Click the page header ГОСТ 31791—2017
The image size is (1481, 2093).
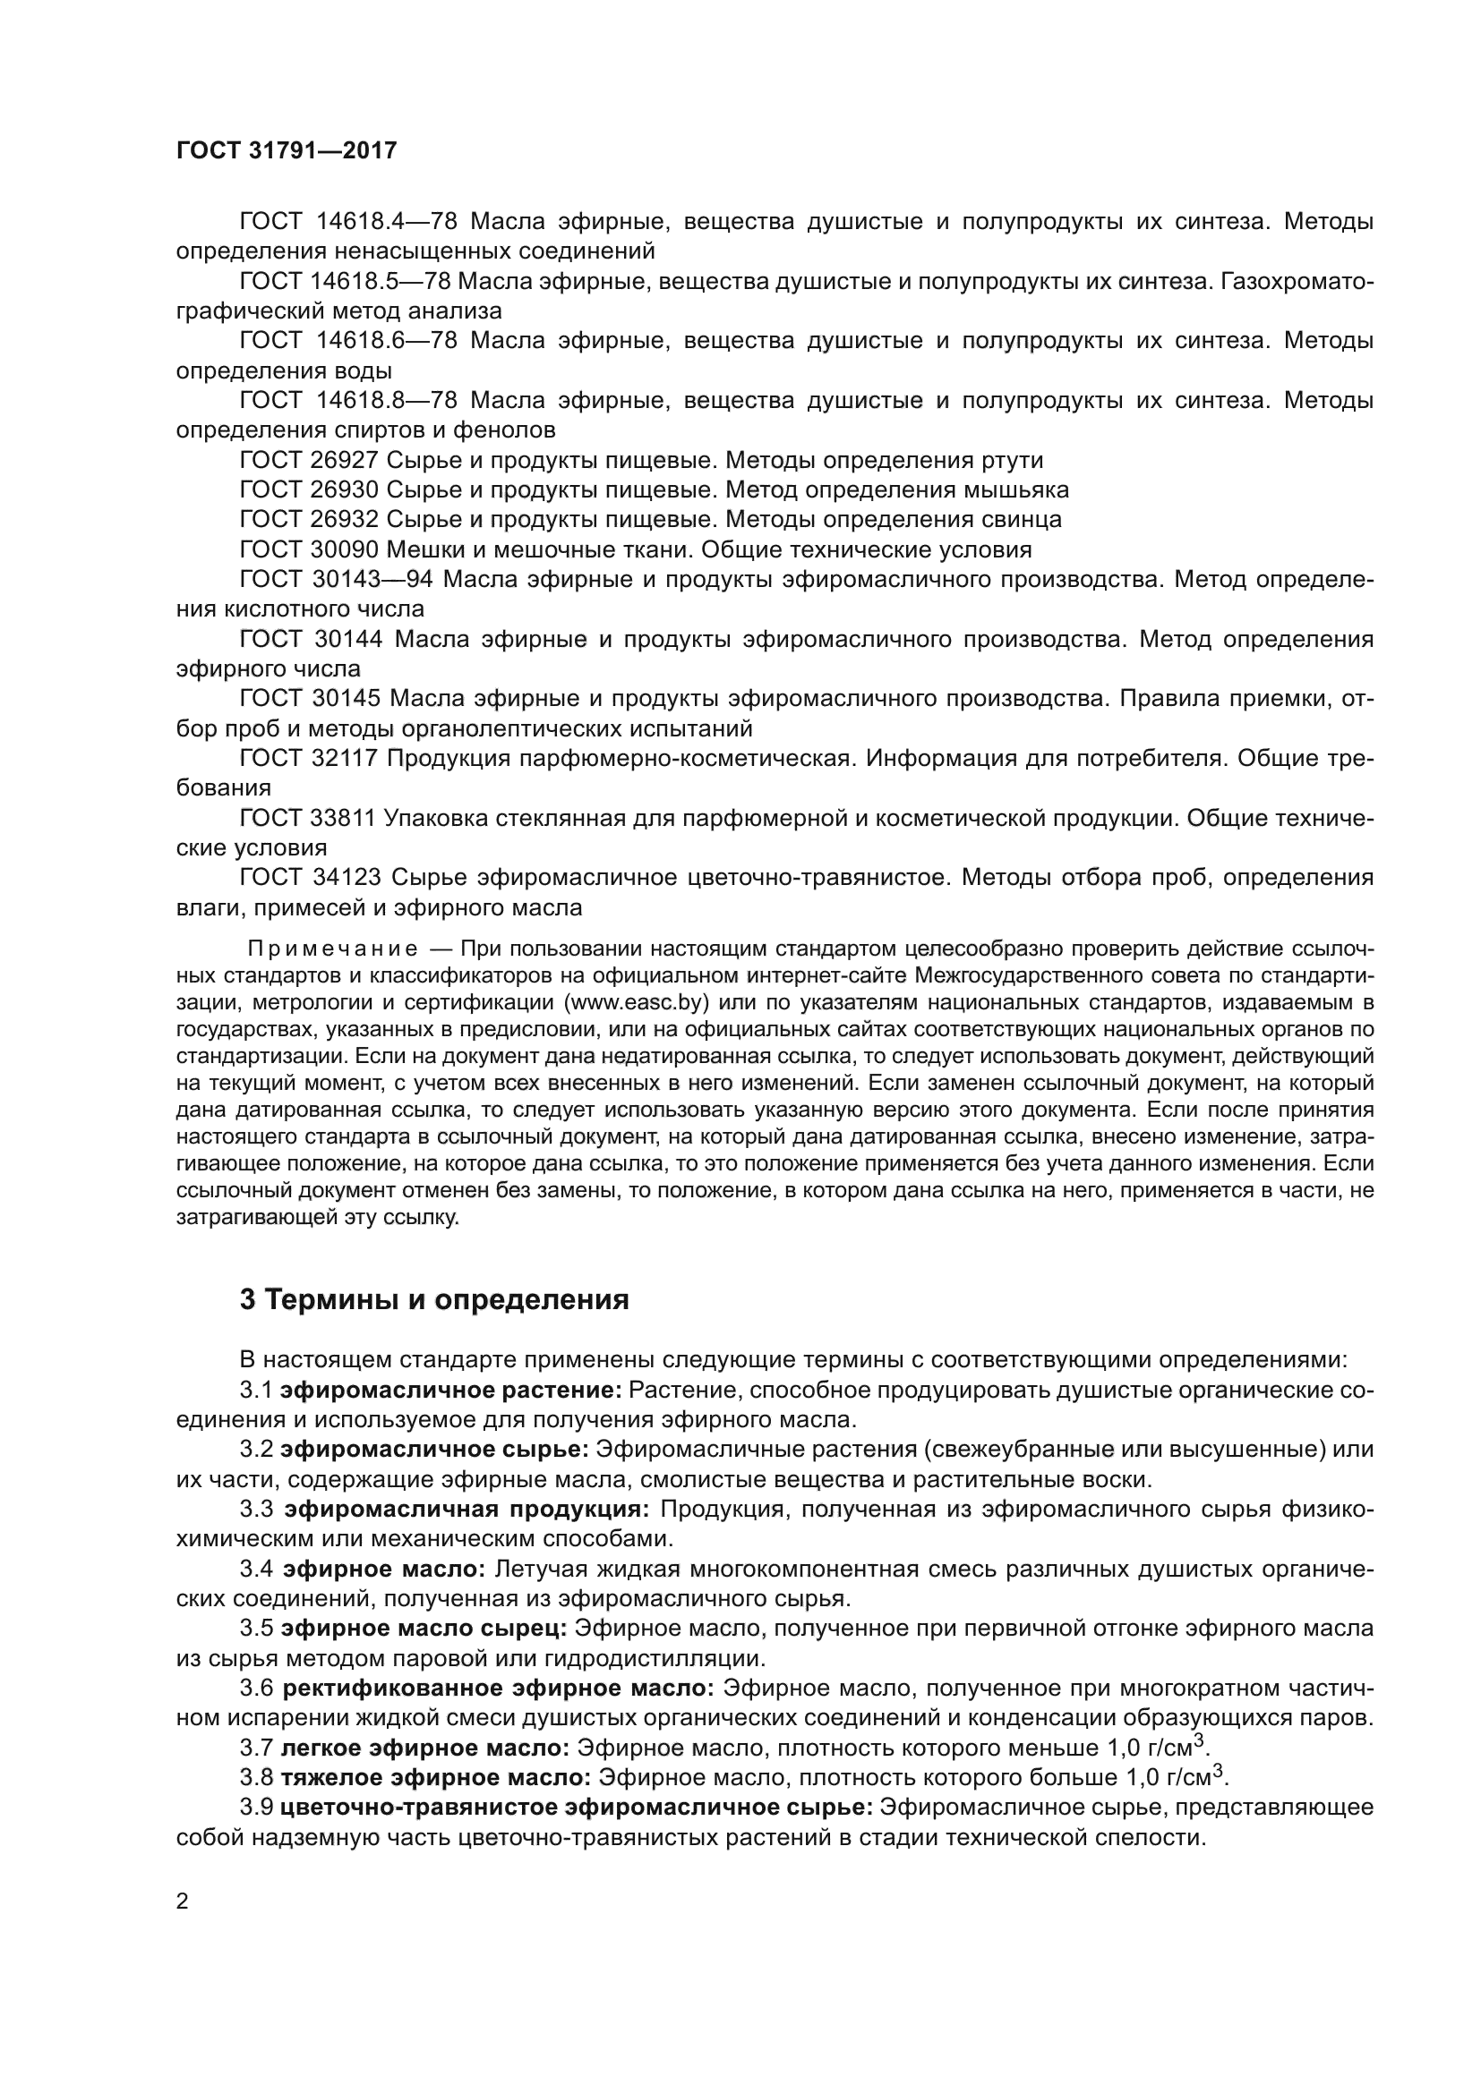287,151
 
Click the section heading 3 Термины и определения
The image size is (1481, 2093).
434,1299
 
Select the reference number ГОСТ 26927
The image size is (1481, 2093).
308,460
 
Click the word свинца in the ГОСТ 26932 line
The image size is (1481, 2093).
1021,520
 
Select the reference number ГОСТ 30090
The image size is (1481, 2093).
308,549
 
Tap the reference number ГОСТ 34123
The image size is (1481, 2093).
310,878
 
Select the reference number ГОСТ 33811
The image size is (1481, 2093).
307,819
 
